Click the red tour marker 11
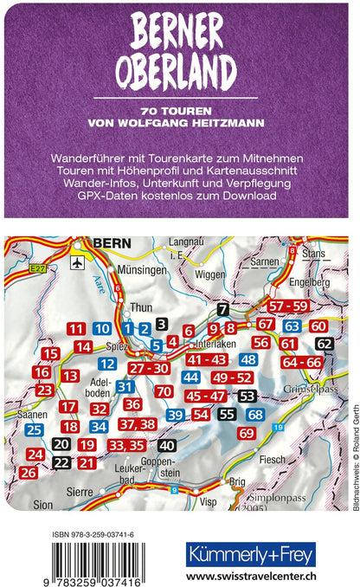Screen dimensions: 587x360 click(76, 328)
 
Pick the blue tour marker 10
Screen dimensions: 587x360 click(102, 328)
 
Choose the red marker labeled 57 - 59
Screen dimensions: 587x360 click(287, 306)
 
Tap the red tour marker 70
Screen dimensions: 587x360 click(164, 391)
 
